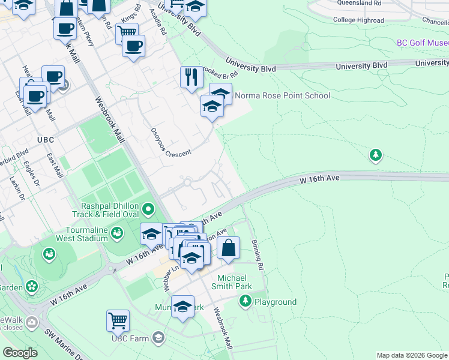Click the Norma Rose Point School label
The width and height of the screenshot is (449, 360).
pyautogui.click(x=282, y=95)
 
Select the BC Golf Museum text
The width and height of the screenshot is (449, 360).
pyautogui.click(x=422, y=43)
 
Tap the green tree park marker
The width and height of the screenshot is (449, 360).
pyautogui.click(x=375, y=155)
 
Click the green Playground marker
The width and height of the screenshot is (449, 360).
pyautogui.click(x=245, y=301)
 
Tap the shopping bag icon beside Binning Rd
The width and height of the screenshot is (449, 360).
pyautogui.click(x=229, y=248)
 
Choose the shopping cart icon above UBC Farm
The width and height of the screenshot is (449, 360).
pyautogui.click(x=118, y=320)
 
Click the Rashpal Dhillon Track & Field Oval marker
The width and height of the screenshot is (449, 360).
pyautogui.click(x=148, y=209)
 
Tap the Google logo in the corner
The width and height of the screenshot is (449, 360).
pyautogui.click(x=20, y=353)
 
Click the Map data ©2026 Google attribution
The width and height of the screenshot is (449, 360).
pyautogui.click(x=411, y=355)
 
